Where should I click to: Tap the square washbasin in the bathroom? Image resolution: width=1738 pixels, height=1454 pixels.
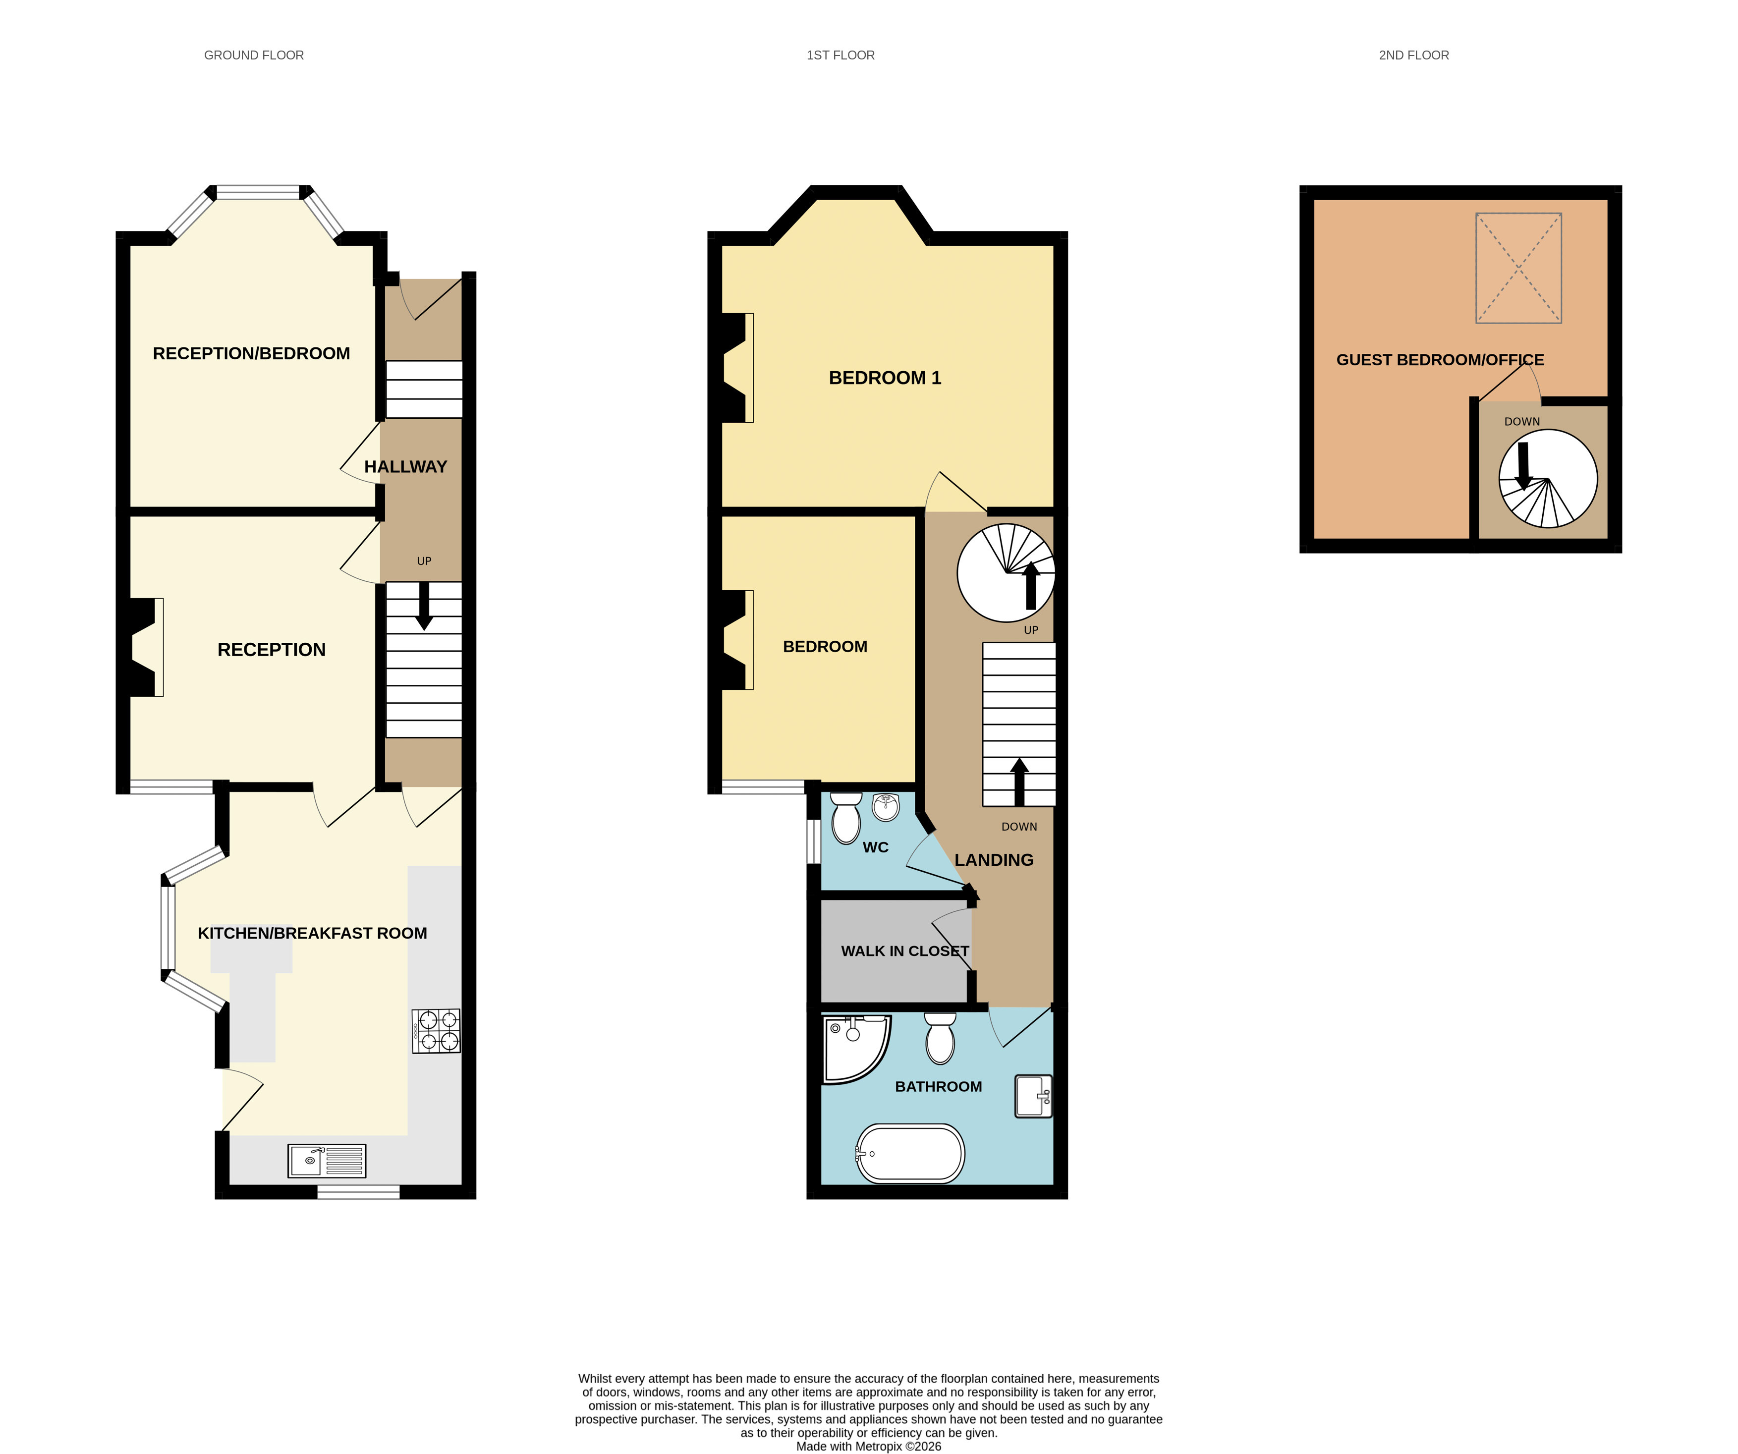[1033, 1096]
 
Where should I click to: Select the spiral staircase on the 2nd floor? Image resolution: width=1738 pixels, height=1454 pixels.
[1548, 478]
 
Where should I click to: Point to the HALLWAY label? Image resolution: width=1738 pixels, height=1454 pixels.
[405, 467]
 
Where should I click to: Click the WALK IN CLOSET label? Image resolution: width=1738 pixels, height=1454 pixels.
[904, 951]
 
